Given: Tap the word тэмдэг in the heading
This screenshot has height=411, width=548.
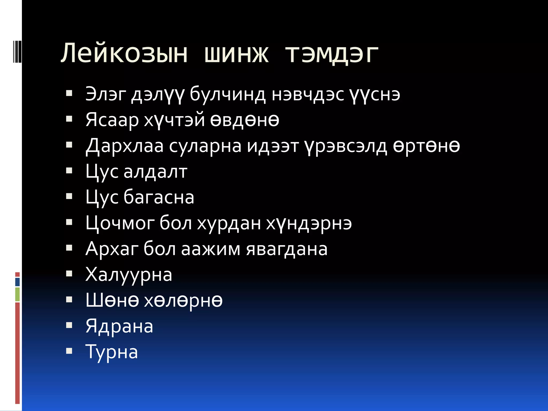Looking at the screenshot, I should [332, 54].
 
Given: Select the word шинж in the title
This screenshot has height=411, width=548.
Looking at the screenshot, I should [236, 54].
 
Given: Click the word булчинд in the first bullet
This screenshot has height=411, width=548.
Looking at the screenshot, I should [228, 94].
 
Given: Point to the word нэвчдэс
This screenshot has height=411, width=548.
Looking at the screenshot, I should [307, 94].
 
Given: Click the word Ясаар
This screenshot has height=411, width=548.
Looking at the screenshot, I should [112, 120].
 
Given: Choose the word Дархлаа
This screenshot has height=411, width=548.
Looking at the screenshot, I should [124, 146].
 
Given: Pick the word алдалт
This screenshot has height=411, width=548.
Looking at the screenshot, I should [155, 172].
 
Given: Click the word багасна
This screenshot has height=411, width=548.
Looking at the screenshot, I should [159, 197].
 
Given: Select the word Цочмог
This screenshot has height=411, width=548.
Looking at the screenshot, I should [120, 223].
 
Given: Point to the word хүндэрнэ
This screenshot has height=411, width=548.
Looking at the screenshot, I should [309, 223].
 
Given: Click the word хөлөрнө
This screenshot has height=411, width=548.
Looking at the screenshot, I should [183, 300].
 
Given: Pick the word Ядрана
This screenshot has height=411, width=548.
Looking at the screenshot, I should [119, 326].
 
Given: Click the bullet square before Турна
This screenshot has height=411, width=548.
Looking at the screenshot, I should [69, 351].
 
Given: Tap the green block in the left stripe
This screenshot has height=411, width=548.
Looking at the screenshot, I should [17, 294].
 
